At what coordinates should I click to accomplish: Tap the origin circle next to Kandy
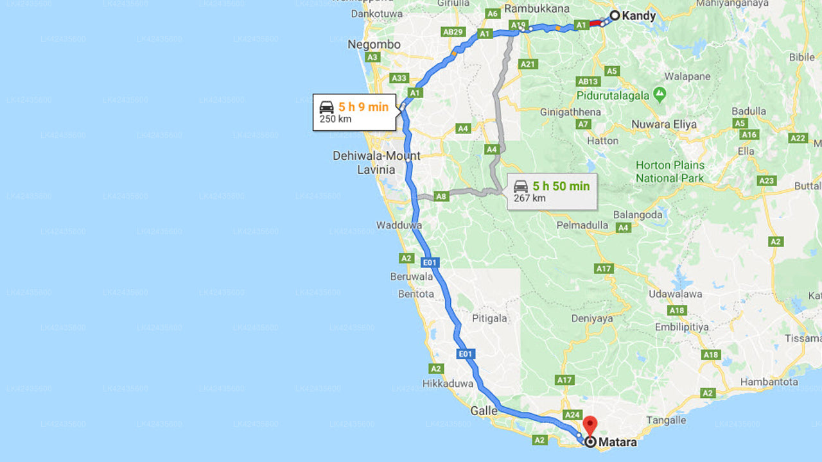tap(615, 15)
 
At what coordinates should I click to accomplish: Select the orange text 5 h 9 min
tap(363, 107)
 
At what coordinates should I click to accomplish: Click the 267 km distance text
tap(530, 198)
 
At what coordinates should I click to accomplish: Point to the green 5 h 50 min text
tap(561, 186)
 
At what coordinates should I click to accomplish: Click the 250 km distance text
tap(336, 119)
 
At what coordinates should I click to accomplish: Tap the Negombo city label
tap(374, 45)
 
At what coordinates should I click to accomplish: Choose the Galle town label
tap(484, 411)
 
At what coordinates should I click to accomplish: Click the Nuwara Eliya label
tap(664, 124)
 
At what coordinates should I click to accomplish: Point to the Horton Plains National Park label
tap(670, 172)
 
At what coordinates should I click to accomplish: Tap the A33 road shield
tap(399, 78)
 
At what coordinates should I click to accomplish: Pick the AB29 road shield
tap(453, 31)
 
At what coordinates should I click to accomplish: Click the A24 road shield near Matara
tap(572, 415)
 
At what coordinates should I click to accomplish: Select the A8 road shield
tap(441, 196)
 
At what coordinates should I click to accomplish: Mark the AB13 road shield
tap(588, 81)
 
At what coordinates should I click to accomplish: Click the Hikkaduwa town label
tap(448, 384)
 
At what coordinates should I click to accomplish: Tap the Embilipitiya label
tap(682, 327)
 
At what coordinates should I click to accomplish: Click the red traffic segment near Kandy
tap(595, 23)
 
